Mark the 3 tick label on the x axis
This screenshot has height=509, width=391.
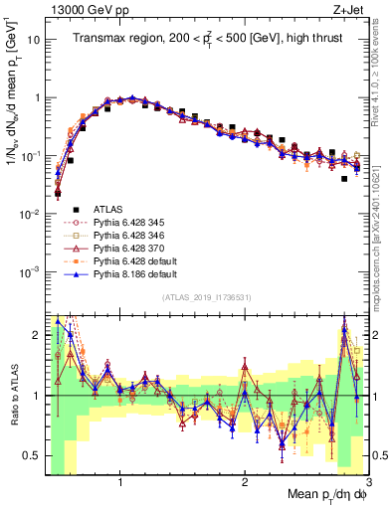tap(368, 481)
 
